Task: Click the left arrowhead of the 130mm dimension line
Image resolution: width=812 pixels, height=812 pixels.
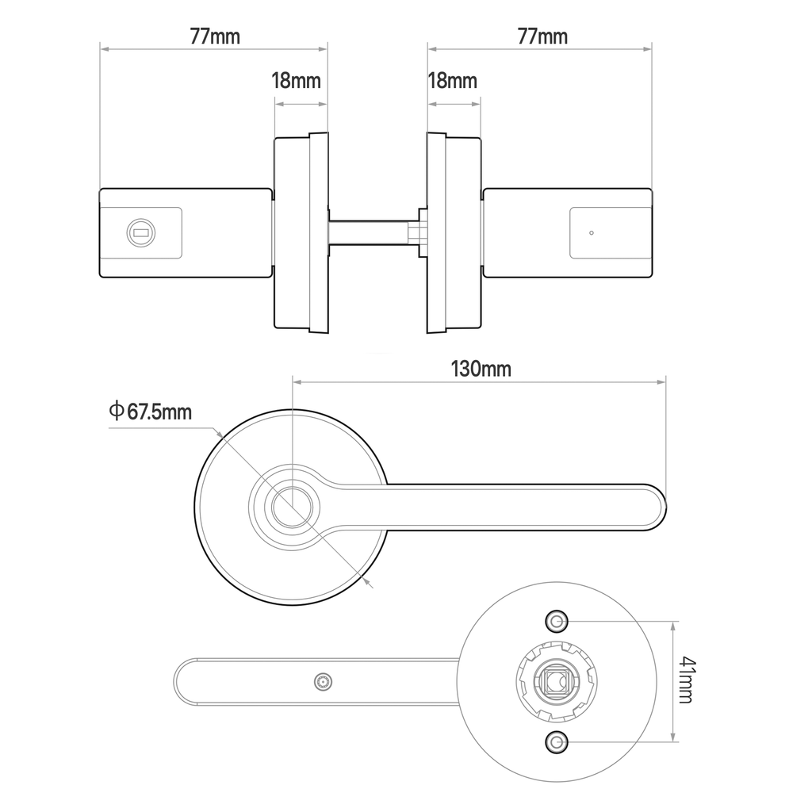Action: (x=297, y=382)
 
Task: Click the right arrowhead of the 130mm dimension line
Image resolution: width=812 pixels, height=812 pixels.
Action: (x=661, y=382)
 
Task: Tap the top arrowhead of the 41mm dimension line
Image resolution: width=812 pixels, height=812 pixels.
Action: (x=672, y=626)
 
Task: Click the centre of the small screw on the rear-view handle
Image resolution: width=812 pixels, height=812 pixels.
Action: (x=324, y=682)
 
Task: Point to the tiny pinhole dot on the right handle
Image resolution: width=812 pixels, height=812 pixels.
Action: (x=592, y=233)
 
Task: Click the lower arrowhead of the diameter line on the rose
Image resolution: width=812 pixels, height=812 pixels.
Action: (x=370, y=583)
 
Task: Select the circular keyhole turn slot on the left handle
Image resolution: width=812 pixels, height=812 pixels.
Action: (x=141, y=232)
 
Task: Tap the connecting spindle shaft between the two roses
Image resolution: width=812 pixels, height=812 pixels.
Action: (x=369, y=233)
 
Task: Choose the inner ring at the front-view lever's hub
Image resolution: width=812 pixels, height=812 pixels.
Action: (x=292, y=507)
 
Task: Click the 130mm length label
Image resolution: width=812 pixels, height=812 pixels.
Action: (x=481, y=369)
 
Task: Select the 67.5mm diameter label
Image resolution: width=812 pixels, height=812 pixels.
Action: (x=159, y=412)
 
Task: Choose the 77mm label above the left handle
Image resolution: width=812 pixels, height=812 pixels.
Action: (x=215, y=36)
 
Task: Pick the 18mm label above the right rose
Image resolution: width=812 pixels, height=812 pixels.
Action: (x=452, y=81)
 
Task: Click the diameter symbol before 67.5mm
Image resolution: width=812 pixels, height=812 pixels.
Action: (x=117, y=411)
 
